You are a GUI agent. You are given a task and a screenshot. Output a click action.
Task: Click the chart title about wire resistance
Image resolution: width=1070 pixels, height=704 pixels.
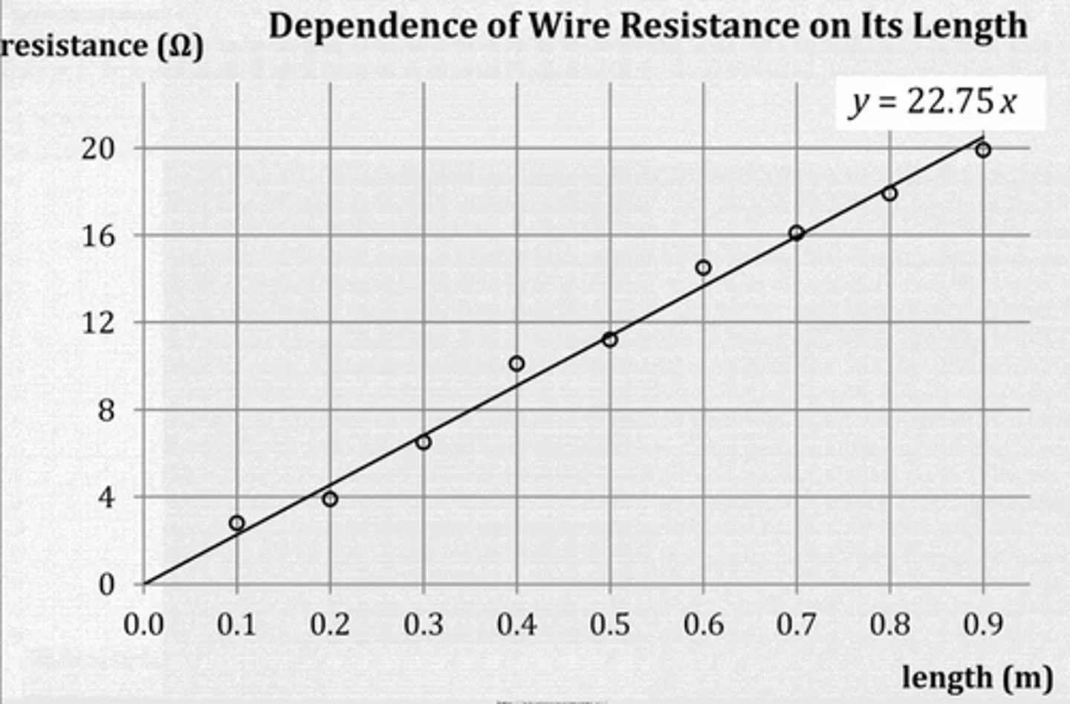click(x=647, y=26)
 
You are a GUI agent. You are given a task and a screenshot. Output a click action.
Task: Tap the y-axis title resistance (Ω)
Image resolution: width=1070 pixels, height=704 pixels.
click(x=102, y=47)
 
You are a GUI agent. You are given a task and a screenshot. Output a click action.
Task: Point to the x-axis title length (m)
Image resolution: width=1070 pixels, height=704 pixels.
click(x=976, y=677)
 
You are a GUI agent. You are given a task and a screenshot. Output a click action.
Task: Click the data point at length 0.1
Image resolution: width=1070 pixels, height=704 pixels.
click(x=237, y=523)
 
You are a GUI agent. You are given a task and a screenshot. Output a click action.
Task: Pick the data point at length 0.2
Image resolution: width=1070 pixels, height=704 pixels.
click(x=330, y=499)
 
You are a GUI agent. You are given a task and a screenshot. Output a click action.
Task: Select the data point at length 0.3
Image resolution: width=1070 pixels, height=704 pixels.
click(x=424, y=442)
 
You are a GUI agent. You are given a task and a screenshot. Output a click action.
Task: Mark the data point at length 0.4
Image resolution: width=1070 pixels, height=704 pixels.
click(x=516, y=364)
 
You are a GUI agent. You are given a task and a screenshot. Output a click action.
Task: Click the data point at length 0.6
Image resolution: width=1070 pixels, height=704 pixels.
click(x=703, y=268)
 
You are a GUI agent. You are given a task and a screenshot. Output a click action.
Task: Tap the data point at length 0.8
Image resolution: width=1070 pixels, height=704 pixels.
click(x=889, y=194)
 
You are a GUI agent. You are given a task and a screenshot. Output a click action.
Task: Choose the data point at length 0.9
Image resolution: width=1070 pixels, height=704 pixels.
click(x=983, y=150)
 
